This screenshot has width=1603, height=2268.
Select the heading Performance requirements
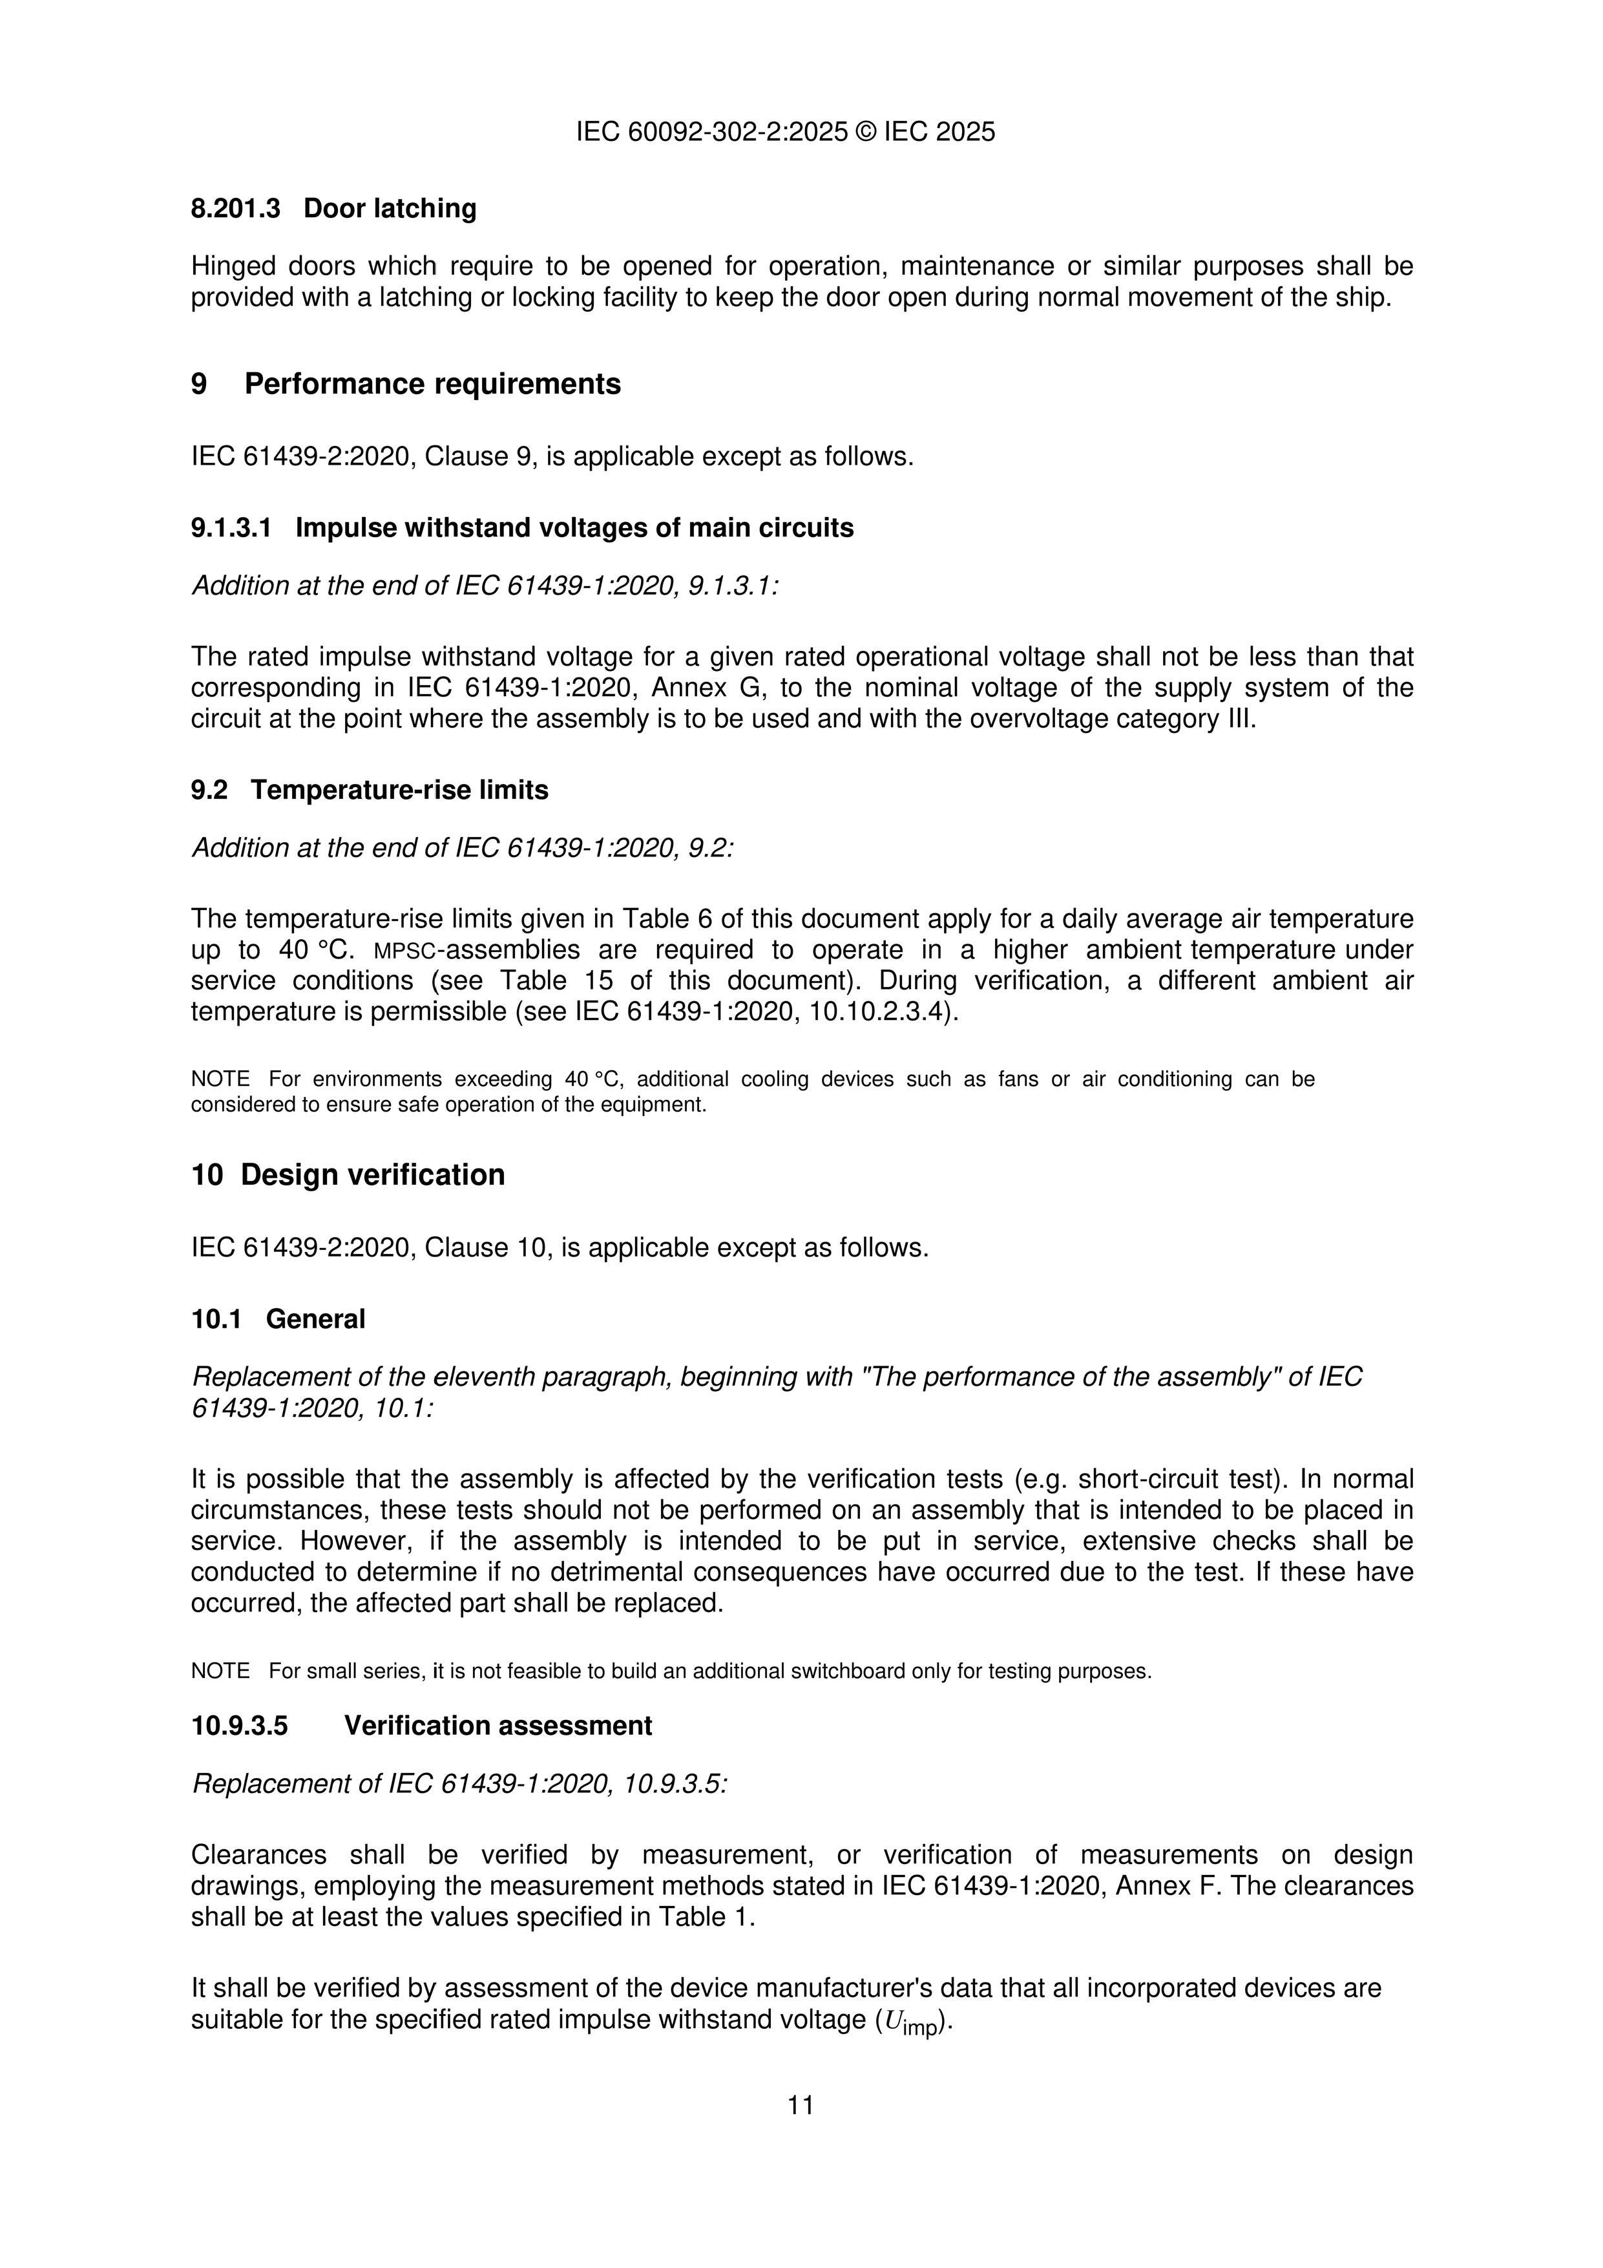coord(433,385)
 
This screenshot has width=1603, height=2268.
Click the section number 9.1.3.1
coord(231,529)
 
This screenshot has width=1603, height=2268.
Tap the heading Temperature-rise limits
coord(399,790)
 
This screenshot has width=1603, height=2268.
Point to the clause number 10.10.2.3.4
coord(881,1013)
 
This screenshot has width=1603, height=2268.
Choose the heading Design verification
coord(372,1176)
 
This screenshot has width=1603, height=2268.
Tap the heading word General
coord(315,1320)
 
